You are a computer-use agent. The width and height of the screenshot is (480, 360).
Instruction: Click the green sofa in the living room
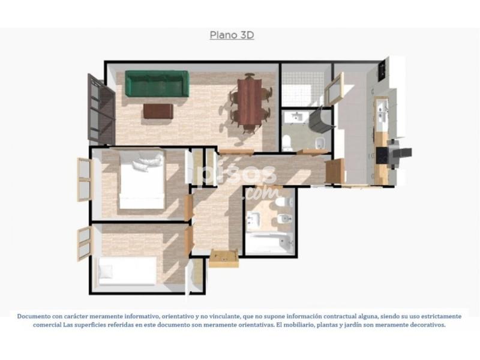[x=157, y=84]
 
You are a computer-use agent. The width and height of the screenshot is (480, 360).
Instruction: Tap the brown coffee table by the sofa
[x=158, y=111]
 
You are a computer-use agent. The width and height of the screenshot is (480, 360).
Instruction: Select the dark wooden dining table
[x=250, y=101]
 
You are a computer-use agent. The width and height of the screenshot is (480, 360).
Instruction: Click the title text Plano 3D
[x=232, y=35]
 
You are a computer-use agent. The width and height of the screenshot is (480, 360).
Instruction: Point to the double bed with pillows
[x=142, y=178]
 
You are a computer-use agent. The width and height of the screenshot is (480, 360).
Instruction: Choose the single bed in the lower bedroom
[x=127, y=271]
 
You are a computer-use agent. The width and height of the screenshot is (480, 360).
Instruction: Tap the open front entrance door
[x=224, y=259]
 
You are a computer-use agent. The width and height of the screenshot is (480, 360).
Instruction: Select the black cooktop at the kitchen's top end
[x=382, y=71]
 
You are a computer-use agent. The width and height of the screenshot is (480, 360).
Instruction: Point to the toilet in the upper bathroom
[x=287, y=143]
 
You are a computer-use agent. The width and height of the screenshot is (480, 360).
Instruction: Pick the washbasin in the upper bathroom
[x=296, y=117]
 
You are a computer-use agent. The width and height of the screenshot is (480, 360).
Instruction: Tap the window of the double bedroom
[x=84, y=179]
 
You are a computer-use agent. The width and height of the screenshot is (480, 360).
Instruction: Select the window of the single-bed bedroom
[x=84, y=244]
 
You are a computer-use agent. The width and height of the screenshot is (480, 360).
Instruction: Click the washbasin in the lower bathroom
[x=253, y=220]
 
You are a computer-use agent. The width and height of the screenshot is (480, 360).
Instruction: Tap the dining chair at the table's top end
[x=250, y=76]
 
